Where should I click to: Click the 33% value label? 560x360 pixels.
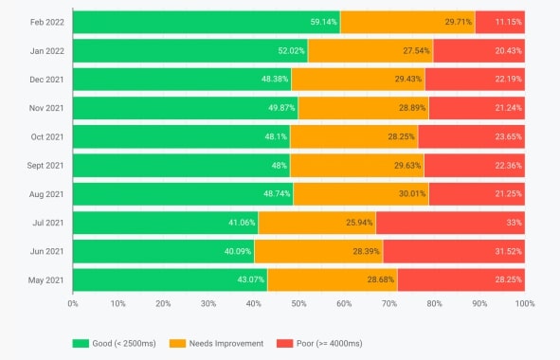point(513,224)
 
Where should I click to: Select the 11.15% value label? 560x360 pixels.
point(507,22)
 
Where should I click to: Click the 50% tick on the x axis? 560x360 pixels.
point(298,304)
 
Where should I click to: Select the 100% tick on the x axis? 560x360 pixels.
point(524,304)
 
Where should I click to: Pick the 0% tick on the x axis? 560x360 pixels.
point(73,304)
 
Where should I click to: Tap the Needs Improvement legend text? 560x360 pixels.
point(226,342)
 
